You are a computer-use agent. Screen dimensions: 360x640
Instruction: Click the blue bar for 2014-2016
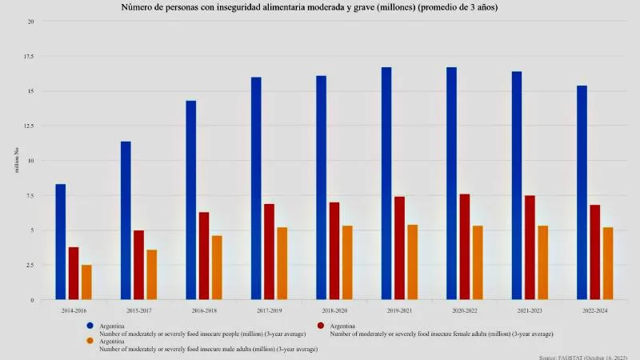tap(61, 242)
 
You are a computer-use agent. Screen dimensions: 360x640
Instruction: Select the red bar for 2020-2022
tap(465, 246)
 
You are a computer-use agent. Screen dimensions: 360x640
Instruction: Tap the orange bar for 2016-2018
tap(217, 267)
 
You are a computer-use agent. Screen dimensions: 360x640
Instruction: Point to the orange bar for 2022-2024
tap(608, 263)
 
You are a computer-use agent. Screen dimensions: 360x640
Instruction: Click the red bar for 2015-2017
tap(138, 265)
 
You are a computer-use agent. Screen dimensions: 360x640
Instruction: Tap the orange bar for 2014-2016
tap(86, 282)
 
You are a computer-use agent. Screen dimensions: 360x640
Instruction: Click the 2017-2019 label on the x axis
tap(269, 308)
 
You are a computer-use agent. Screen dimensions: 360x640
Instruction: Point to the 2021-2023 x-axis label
tap(530, 308)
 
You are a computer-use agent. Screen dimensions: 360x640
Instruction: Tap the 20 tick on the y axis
tap(30, 21)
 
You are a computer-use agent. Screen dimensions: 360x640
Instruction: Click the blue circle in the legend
tap(91, 326)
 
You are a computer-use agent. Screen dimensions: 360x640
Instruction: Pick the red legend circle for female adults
tap(321, 326)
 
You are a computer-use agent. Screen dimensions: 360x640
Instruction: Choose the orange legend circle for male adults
tap(91, 342)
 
